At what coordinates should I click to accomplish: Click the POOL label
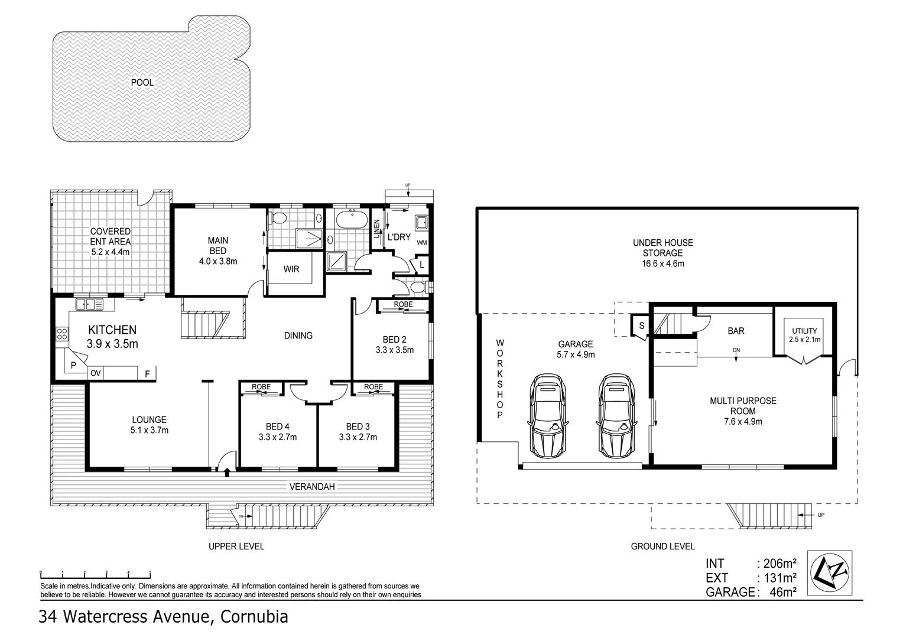point(142,83)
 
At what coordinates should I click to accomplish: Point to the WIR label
point(291,269)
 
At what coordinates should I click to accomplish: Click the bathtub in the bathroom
point(351,221)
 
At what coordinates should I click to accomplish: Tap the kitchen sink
point(89,305)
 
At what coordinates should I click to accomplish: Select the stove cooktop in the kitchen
point(61,334)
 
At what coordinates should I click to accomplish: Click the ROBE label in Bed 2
point(404,305)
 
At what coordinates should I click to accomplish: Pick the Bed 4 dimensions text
point(277,438)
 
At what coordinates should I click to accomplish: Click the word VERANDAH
point(312,487)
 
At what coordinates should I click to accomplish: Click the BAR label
point(736,331)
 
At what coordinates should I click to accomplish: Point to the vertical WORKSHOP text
point(499,379)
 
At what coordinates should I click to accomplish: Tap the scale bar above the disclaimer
point(95,573)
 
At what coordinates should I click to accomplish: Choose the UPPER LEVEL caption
point(236,546)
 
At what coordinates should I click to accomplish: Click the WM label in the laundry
point(422,243)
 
